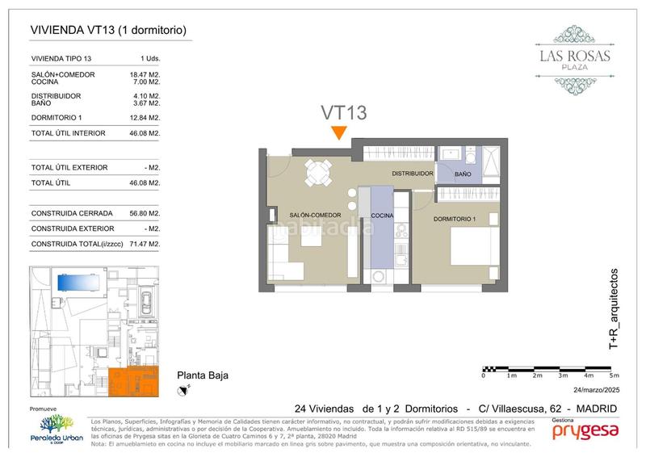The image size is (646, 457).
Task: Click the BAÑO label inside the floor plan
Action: click(463, 174)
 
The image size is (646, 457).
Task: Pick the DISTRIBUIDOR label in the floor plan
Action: click(413, 174)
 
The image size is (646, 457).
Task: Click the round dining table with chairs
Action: click(317, 171)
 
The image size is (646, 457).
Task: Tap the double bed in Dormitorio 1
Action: click(468, 254)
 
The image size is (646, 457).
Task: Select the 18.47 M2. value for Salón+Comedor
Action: click(146, 74)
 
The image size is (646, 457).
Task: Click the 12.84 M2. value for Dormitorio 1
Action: click(146, 118)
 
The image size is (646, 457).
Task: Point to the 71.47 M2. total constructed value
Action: click(146, 244)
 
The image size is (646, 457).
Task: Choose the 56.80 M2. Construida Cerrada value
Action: click(146, 215)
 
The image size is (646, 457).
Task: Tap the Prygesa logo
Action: click(585, 433)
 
